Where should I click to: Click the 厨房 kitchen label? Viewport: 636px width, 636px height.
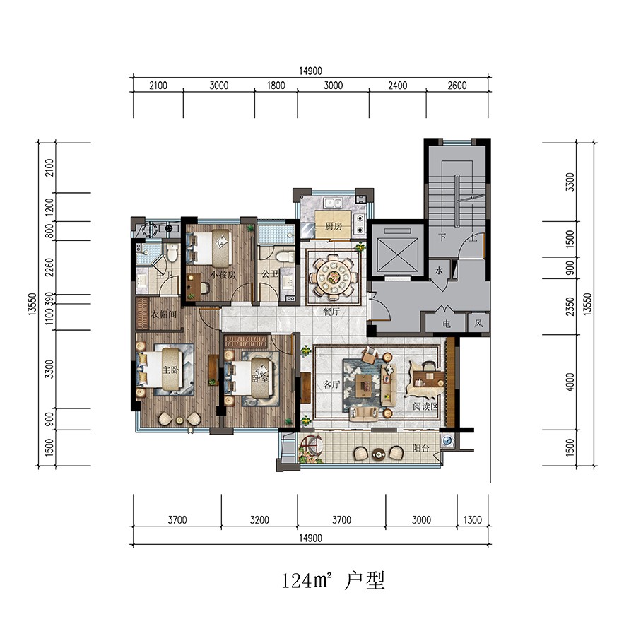tap(334, 228)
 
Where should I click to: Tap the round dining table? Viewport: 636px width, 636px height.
tap(333, 274)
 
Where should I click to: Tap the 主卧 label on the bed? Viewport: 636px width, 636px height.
tap(171, 370)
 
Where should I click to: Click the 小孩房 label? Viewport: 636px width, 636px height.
tap(222, 274)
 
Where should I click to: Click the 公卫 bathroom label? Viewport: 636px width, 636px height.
tap(270, 275)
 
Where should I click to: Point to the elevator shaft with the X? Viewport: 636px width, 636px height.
tap(396, 252)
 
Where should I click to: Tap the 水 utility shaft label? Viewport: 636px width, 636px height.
tap(439, 271)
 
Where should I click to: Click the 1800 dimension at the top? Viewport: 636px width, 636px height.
tap(276, 86)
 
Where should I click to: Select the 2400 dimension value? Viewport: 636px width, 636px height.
tap(397, 86)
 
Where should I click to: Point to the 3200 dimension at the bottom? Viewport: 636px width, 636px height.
tap(259, 520)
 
